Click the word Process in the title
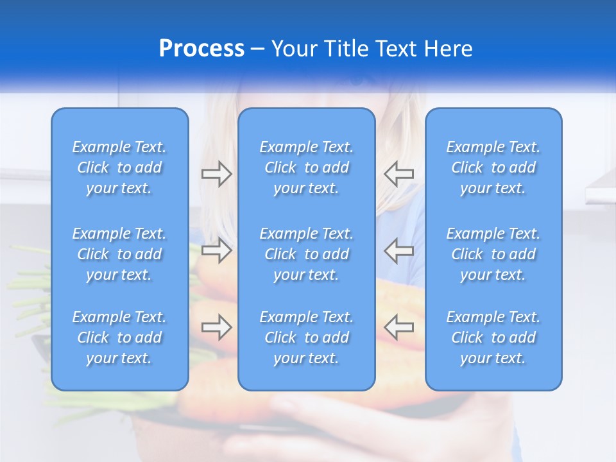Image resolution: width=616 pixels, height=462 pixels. pos(201,49)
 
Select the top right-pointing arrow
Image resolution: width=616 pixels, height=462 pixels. pos(216,174)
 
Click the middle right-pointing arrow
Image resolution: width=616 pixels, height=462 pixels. pos(216,250)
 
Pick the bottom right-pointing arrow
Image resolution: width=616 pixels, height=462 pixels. pos(216,327)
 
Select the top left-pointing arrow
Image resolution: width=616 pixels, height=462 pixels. pos(398,174)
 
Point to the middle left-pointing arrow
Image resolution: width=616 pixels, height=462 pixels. pos(398,250)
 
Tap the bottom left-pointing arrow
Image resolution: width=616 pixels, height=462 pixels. pos(398,327)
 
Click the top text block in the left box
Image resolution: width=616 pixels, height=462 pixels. pos(119,167)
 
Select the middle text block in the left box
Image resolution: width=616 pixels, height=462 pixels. pos(119,254)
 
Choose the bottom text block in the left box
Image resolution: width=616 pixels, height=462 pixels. pos(119,338)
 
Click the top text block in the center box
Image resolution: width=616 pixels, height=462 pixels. pos(307,167)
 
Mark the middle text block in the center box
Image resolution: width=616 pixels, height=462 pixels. pos(307,254)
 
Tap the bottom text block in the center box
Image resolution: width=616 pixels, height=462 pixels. pos(307,338)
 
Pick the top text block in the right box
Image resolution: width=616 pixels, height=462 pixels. pos(493,167)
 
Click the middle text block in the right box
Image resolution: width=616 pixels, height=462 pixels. pos(493,254)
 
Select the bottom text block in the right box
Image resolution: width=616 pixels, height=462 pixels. pos(493,338)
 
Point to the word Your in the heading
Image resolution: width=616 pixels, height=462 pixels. pos(295,49)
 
